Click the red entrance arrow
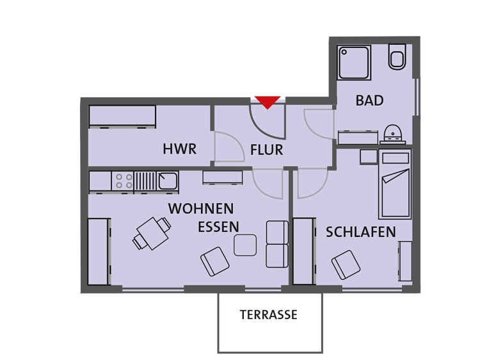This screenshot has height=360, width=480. [268, 102]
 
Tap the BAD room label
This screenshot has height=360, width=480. [369, 101]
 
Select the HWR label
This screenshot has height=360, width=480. [180, 149]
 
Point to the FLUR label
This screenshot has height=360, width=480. [267, 150]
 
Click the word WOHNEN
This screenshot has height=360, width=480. [201, 209]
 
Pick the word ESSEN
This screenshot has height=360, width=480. [218, 227]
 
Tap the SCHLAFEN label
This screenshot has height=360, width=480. [360, 233]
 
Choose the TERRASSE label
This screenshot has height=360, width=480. [268, 315]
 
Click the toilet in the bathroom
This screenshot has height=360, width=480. [397, 57]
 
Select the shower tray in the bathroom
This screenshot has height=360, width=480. [354, 63]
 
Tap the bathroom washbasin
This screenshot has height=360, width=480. [393, 134]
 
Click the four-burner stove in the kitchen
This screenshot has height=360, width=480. [122, 181]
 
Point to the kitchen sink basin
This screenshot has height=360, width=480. [168, 181]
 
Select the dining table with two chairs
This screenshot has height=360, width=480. [152, 233]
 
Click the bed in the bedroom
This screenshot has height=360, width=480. [395, 184]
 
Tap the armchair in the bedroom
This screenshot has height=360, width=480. [346, 265]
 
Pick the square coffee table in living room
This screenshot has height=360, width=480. [245, 245]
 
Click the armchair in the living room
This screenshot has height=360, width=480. [214, 261]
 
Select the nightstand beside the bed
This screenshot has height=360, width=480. [369, 157]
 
